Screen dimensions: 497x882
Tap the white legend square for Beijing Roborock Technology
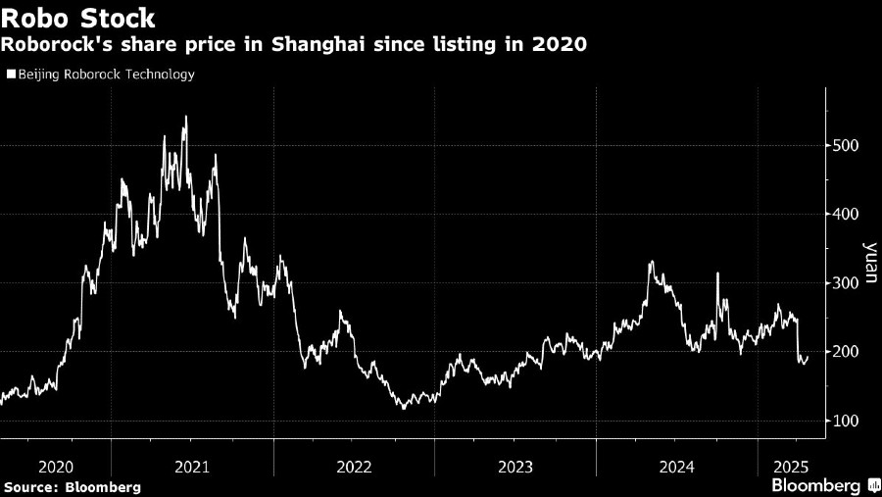click(11, 74)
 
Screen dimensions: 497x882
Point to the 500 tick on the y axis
click(848, 145)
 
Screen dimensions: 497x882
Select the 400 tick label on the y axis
click(848, 214)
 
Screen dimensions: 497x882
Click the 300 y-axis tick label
click(848, 282)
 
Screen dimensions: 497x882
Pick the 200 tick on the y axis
click(848, 351)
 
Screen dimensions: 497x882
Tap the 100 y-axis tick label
click(848, 421)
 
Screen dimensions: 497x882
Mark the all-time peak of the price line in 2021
click(186, 118)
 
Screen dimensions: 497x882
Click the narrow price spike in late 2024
click(717, 274)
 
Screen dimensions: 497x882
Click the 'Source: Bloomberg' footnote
click(72, 487)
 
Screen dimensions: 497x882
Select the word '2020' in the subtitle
click(560, 45)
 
